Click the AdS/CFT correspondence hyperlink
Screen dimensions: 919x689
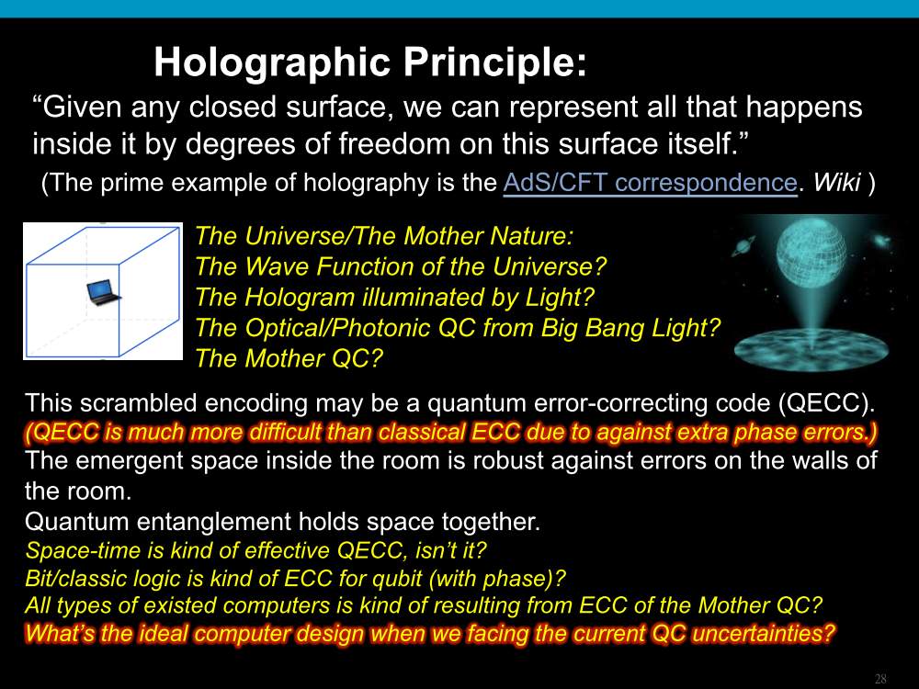point(650,183)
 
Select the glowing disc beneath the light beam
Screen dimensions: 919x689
point(811,348)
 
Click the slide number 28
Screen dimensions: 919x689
point(880,679)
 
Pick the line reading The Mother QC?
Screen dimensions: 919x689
point(289,358)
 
